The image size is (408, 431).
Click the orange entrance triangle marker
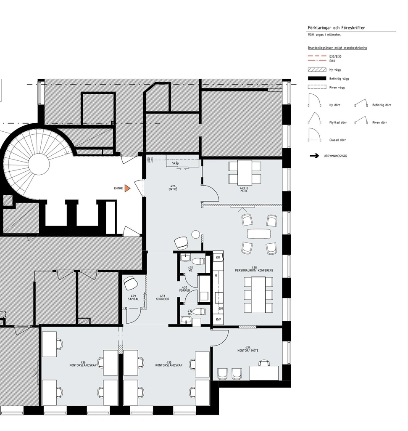point(127,188)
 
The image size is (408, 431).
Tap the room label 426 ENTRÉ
point(173,188)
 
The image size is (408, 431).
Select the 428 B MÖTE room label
point(244,190)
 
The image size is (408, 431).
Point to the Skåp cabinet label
point(175,163)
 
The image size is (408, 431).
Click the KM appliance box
point(218,258)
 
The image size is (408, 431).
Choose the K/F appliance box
point(218,319)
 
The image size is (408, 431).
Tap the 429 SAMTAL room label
point(133,298)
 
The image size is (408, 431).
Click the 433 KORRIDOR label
point(163,298)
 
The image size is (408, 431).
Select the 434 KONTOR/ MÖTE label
point(248,349)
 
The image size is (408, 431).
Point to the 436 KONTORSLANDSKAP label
point(83,364)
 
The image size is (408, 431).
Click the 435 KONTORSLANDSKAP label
point(169,364)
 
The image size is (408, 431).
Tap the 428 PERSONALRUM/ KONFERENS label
point(254,269)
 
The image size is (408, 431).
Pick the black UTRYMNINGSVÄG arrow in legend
point(314,156)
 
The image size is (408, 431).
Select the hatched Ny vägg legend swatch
point(317,70)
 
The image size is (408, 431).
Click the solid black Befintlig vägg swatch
point(317,78)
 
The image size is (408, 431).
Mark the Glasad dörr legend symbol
point(315,135)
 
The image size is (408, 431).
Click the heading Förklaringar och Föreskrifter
point(336,28)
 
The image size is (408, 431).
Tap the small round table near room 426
point(195,234)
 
